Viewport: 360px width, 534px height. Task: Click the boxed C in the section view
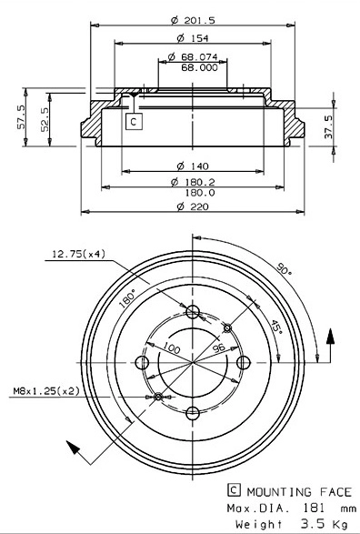click(133, 120)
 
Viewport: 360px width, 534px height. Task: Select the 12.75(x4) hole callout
click(78, 254)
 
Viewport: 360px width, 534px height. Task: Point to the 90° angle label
click(284, 270)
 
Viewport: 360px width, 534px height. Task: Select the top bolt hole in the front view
click(192, 313)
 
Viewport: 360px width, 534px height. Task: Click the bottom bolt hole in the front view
click(192, 414)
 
